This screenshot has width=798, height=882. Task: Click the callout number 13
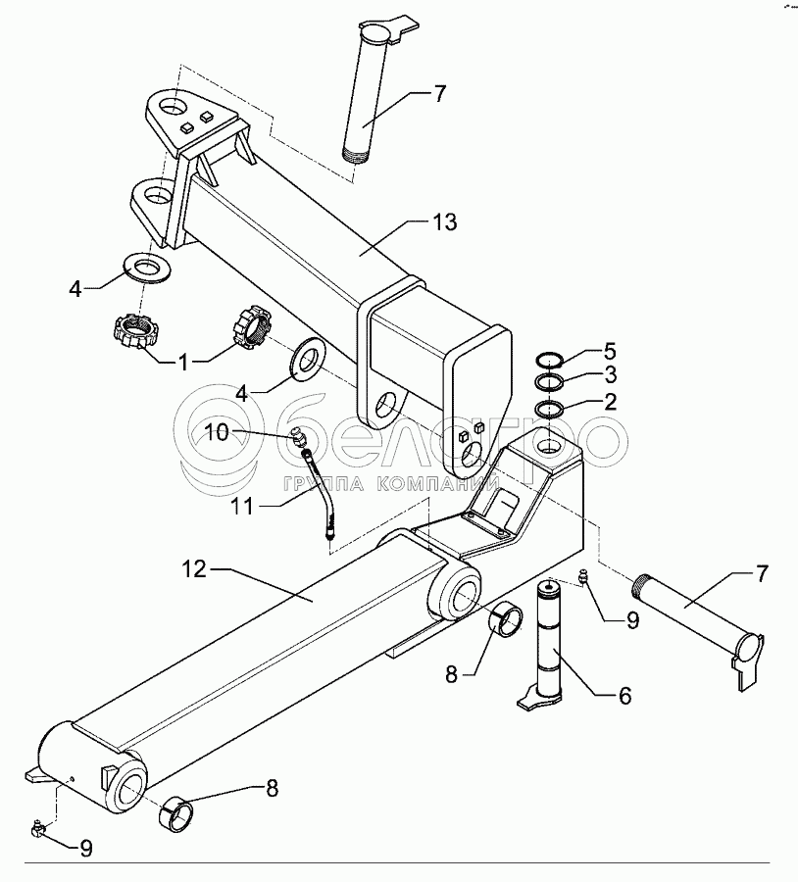445,222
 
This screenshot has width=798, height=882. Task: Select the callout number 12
194,569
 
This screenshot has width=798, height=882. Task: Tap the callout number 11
243,507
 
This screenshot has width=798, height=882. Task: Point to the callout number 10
217,432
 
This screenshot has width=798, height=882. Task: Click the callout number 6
624,696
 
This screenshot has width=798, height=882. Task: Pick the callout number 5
610,351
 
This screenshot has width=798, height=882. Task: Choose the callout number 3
610,374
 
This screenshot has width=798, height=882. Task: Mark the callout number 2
610,401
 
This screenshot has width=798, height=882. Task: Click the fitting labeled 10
298,436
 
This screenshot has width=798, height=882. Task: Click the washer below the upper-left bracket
147,268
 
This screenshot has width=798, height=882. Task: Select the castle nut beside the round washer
252,326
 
